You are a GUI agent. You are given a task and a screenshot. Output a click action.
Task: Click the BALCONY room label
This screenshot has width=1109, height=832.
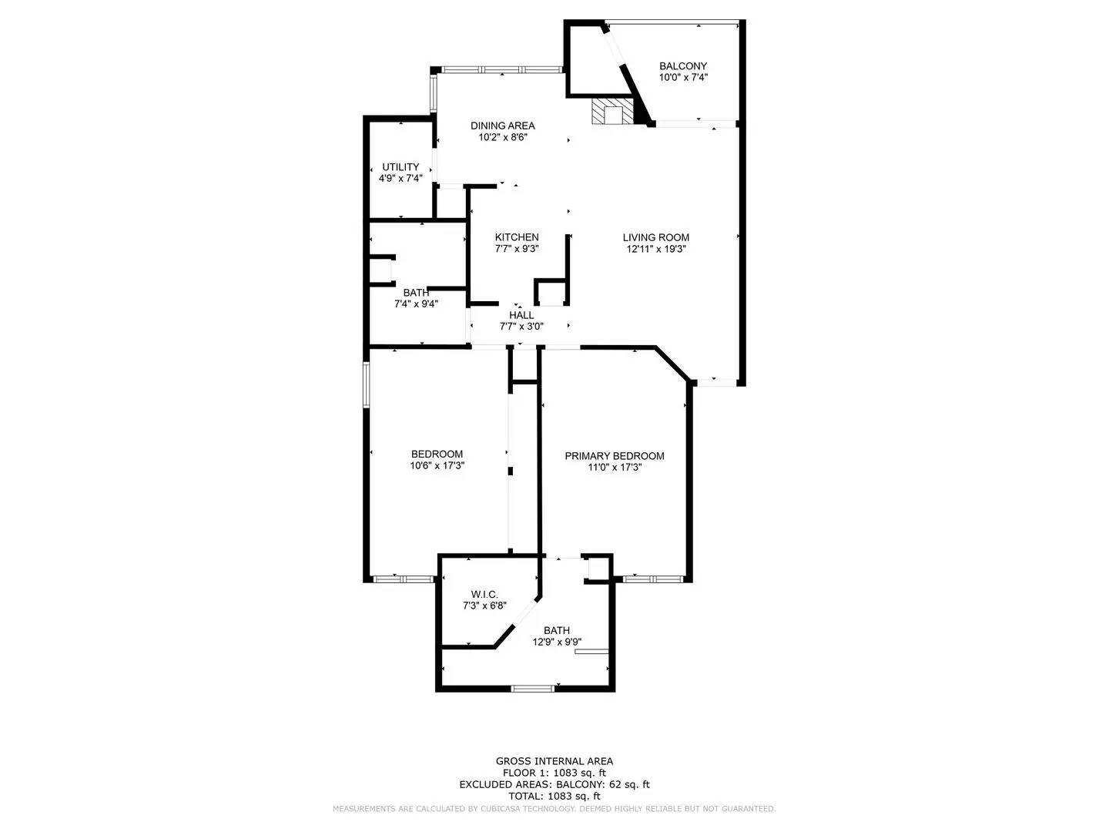(x=682, y=66)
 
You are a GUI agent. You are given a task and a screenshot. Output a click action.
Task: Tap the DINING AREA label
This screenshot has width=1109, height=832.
(x=502, y=126)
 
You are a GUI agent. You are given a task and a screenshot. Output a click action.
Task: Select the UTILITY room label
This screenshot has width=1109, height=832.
(x=400, y=167)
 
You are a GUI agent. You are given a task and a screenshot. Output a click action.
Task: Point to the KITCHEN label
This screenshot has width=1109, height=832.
(x=516, y=237)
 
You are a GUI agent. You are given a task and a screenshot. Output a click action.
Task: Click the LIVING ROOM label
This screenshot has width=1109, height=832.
(x=655, y=237)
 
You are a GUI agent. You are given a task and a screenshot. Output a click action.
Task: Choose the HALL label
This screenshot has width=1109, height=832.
(x=521, y=315)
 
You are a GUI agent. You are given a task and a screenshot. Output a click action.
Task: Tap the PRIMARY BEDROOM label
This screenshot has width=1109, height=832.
(x=614, y=456)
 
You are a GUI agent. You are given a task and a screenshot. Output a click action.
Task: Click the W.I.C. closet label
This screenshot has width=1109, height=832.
(x=484, y=595)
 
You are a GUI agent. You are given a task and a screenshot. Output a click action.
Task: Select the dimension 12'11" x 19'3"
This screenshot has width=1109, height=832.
(x=655, y=249)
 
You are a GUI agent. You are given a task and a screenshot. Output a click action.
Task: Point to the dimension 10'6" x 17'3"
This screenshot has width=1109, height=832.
(x=437, y=465)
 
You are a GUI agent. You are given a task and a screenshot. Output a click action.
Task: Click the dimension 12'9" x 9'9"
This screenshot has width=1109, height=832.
(x=557, y=642)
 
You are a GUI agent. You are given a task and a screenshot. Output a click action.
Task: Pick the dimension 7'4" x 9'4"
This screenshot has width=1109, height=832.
(x=416, y=304)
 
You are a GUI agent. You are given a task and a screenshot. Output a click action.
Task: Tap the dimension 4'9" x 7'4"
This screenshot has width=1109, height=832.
(x=400, y=179)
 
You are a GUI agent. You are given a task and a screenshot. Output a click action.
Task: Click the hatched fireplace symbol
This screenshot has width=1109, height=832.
(x=611, y=112)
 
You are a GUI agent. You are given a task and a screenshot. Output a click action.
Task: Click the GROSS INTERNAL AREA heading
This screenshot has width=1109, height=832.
(x=554, y=761)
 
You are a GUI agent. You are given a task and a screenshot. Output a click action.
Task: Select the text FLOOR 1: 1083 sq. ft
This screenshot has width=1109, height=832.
(x=554, y=773)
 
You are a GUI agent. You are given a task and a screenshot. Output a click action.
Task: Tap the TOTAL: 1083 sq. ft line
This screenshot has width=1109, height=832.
(x=554, y=796)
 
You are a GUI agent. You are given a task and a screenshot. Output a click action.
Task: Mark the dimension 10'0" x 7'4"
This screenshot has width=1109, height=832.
(x=682, y=77)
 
